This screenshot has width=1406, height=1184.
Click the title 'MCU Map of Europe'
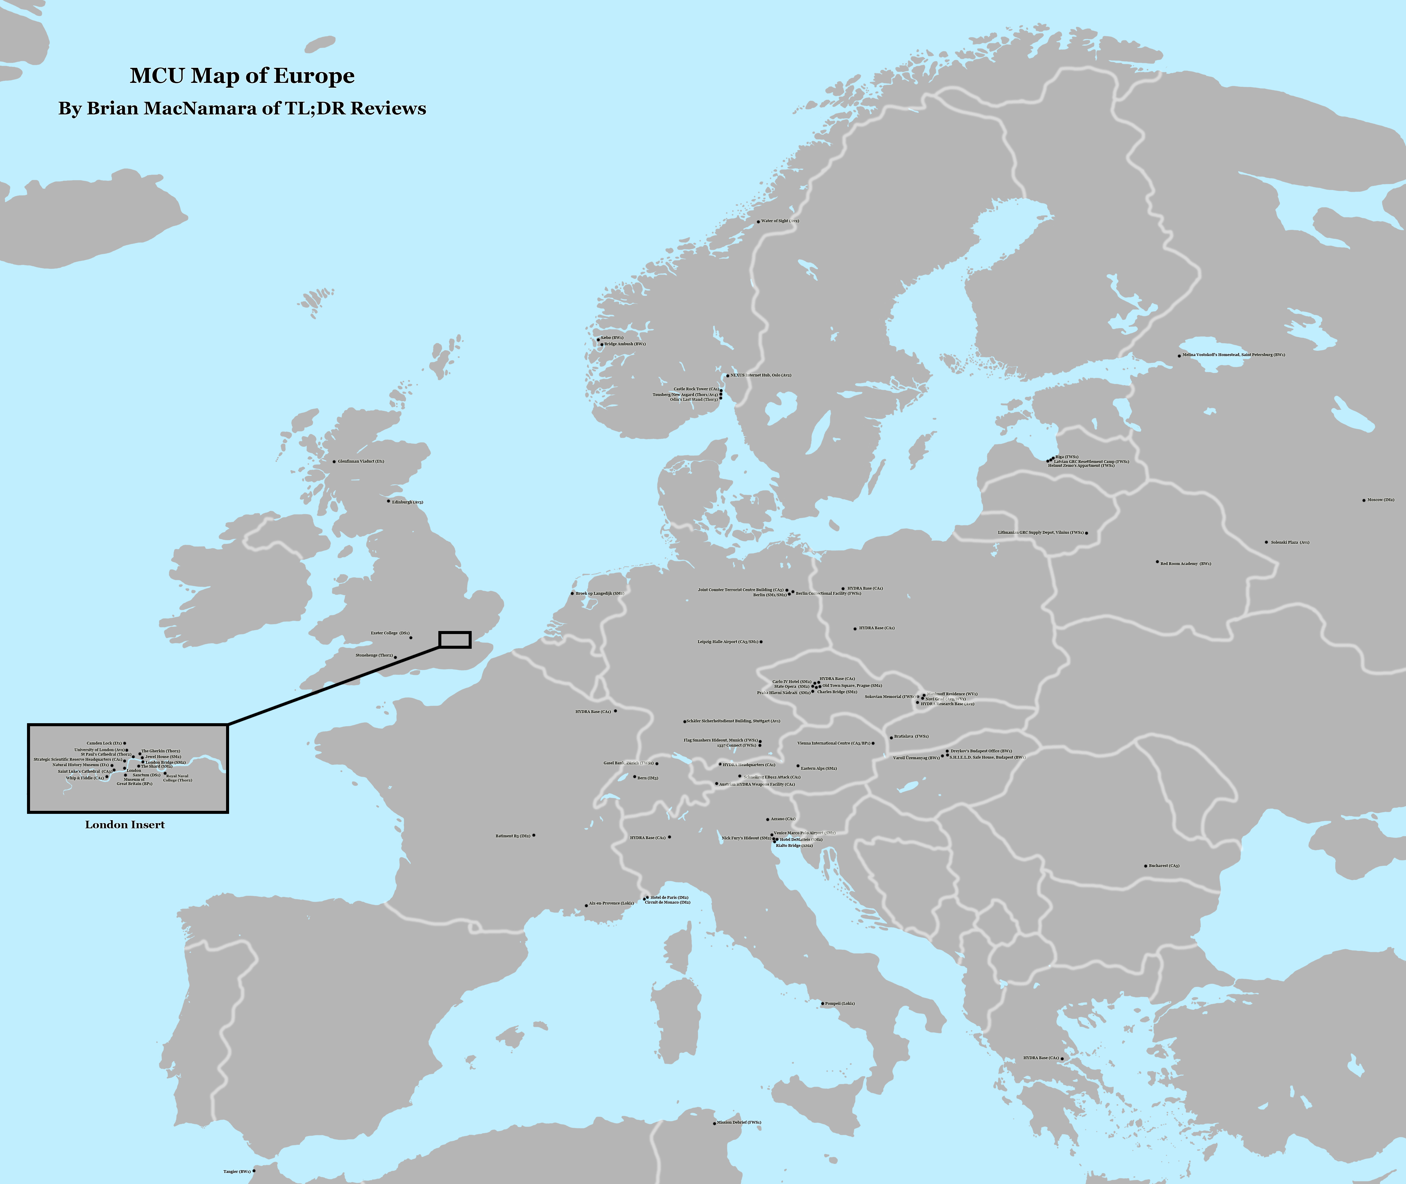click(242, 76)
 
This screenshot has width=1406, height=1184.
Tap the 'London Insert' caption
click(125, 825)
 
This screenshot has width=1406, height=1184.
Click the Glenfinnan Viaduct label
click(361, 462)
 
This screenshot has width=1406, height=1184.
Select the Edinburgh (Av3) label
click(407, 502)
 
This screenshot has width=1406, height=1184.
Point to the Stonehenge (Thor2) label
click(374, 655)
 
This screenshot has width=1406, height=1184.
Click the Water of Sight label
click(780, 221)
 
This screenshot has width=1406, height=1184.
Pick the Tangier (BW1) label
click(237, 1171)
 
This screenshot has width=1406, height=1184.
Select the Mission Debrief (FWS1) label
click(739, 1122)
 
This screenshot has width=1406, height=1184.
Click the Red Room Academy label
click(1186, 564)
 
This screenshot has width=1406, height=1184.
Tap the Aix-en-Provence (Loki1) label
click(611, 903)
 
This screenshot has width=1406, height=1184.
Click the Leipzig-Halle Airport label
click(727, 642)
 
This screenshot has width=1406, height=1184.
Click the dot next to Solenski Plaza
click(1266, 542)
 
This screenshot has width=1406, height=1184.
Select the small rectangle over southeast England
click(455, 640)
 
